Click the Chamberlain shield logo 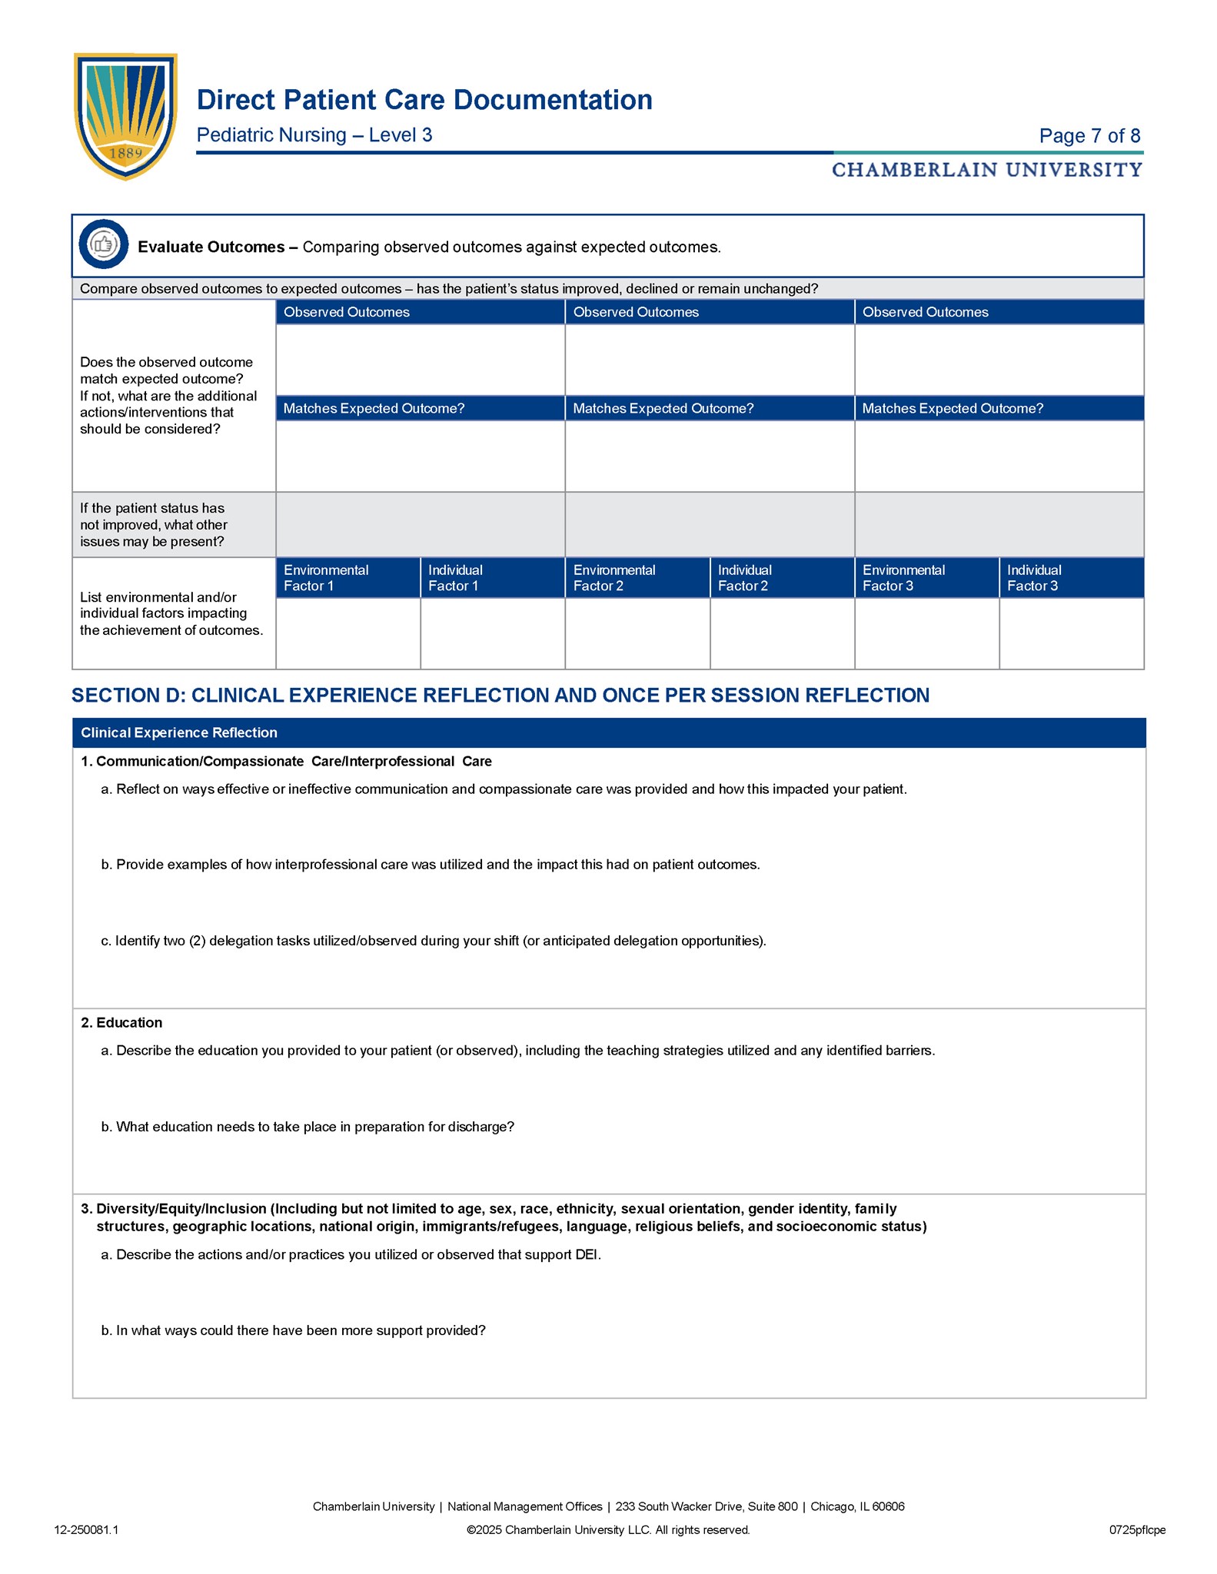125,115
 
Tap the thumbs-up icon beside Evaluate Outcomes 103,245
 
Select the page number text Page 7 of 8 1089,136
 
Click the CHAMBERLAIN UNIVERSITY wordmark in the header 986,170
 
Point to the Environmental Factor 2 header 614,578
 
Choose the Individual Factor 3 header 1034,578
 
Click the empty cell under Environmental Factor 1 347,633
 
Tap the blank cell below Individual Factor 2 782,633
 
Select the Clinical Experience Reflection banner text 179,733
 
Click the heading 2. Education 121,1023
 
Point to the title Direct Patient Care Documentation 424,100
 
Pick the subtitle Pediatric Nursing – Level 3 314,135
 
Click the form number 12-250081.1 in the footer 86,1530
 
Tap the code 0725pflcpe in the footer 1137,1530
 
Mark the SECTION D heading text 500,696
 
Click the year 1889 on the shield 125,153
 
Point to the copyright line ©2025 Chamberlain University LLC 608,1530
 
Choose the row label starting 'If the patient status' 154,525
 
